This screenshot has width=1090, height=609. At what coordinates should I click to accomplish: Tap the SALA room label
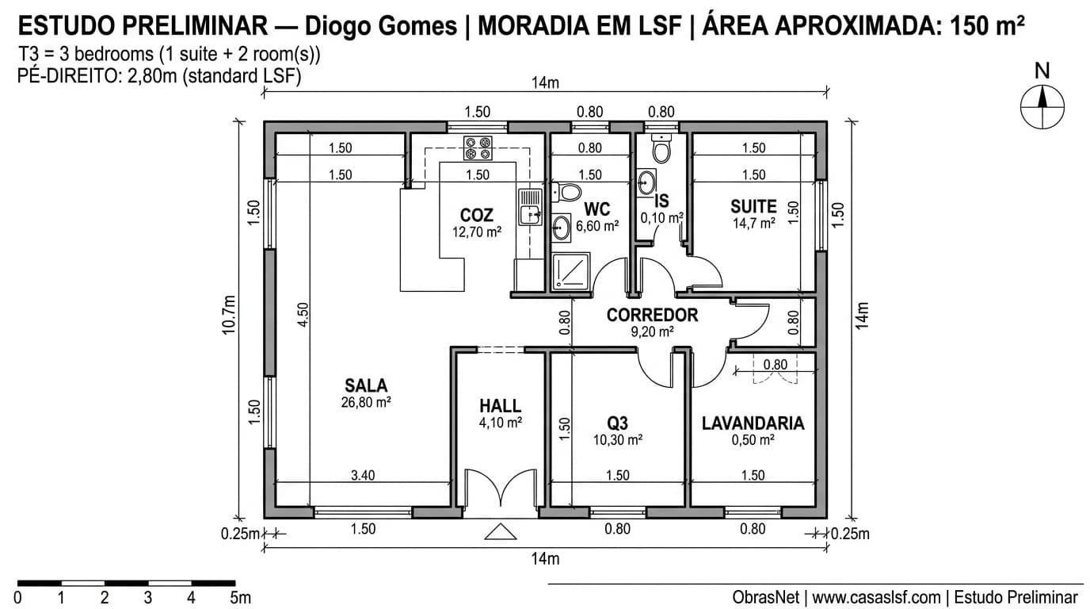pos(366,386)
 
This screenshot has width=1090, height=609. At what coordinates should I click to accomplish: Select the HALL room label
pos(500,407)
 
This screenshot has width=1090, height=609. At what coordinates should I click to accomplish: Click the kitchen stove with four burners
pos(478,148)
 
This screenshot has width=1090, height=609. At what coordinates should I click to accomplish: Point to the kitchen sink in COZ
pos(529,206)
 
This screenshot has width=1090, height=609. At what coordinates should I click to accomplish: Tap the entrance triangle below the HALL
pos(500,531)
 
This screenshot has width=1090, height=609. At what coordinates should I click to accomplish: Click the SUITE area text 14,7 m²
pos(753,224)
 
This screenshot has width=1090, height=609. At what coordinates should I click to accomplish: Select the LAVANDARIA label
pos(753,423)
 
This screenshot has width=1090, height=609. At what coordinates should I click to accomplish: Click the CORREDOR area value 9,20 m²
pos(652,332)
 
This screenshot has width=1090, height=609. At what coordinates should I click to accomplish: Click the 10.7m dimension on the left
pos(229,315)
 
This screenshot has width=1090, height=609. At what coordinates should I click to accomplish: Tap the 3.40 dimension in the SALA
pos(363,475)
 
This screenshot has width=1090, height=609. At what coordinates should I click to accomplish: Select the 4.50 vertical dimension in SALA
pos(303,315)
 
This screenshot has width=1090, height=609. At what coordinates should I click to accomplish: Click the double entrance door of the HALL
pos(500,488)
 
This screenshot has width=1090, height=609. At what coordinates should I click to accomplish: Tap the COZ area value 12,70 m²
pos(476,232)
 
